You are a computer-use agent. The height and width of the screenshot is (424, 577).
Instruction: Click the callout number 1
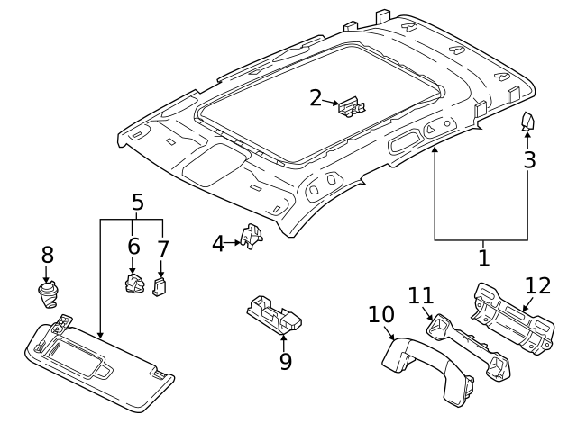pyautogui.click(x=483, y=258)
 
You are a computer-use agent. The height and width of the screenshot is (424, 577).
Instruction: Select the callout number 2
pyautogui.click(x=316, y=98)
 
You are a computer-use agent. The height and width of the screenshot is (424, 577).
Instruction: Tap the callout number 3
pyautogui.click(x=530, y=160)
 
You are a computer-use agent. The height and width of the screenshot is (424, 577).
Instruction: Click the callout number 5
pyautogui.click(x=137, y=202)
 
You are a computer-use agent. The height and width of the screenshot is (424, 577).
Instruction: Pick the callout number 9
pyautogui.click(x=286, y=361)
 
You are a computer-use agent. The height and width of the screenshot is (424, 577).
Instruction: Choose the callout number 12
pyautogui.click(x=537, y=286)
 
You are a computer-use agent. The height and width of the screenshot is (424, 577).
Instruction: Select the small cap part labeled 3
pyautogui.click(x=528, y=122)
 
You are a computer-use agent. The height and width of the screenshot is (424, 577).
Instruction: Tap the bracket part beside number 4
pyautogui.click(x=252, y=236)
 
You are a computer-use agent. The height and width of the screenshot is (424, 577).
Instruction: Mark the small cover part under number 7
pyautogui.click(x=160, y=287)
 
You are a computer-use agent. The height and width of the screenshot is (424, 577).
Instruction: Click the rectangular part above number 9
pyautogui.click(x=275, y=312)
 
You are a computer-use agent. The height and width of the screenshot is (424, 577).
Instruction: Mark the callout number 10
pyautogui.click(x=381, y=315)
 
